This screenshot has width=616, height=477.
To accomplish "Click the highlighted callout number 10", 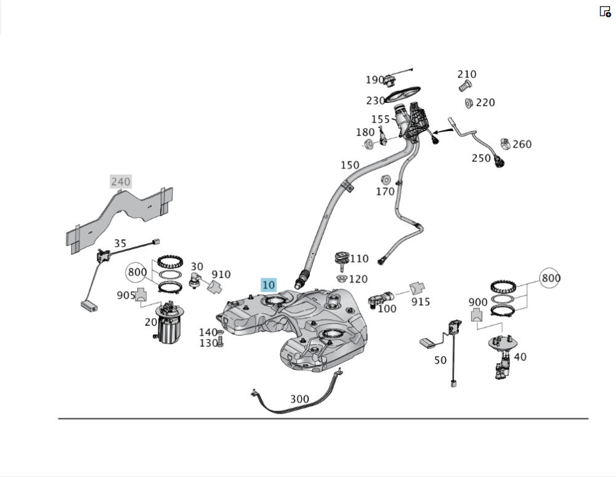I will coord(269,285).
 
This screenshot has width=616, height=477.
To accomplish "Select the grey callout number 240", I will coord(121,181).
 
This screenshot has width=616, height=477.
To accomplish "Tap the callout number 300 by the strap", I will coord(299,399).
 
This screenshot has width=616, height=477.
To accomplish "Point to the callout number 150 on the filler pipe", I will coord(349,165).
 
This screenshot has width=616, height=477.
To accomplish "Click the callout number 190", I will coord(375,79).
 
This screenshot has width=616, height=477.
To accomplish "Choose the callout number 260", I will coord(522,144).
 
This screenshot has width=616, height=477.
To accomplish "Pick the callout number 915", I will coord(421,302).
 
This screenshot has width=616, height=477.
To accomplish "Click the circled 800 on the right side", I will coord(551,278).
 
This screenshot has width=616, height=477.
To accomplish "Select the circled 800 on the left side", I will coord(137,271).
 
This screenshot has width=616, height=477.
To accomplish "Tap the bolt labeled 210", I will coord(466,84).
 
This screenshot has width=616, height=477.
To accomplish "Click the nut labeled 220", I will coord(467,103).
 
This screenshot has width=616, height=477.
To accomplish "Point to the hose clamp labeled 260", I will coord(506,144).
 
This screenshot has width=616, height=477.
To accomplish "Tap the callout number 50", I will coord(440,360).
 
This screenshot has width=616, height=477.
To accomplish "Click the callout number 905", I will coord(126,295).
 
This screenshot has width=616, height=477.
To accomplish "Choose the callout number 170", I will coord(385,191).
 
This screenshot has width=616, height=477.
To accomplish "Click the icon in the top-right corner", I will coord(605,11).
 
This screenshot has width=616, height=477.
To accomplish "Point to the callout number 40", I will coord(520,356).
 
